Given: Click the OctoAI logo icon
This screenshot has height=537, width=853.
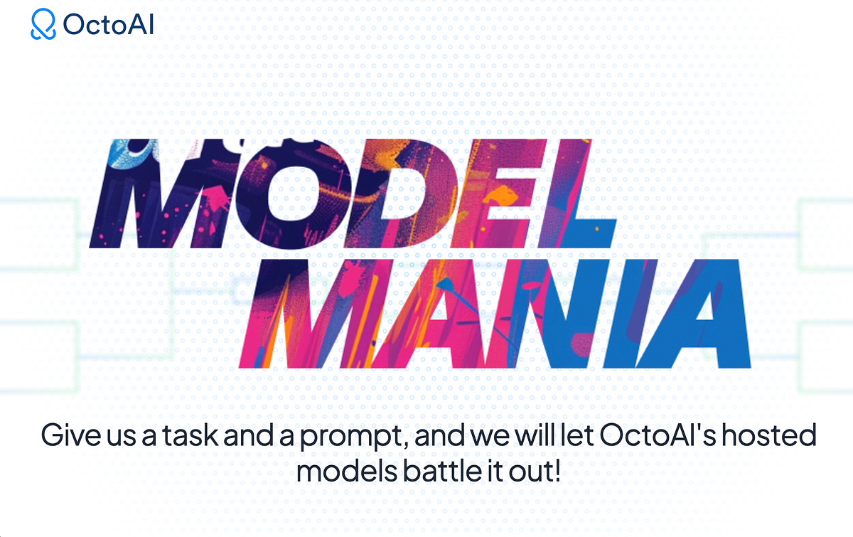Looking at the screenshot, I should tap(43, 25).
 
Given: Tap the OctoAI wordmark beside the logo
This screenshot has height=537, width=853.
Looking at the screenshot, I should tap(108, 25).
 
